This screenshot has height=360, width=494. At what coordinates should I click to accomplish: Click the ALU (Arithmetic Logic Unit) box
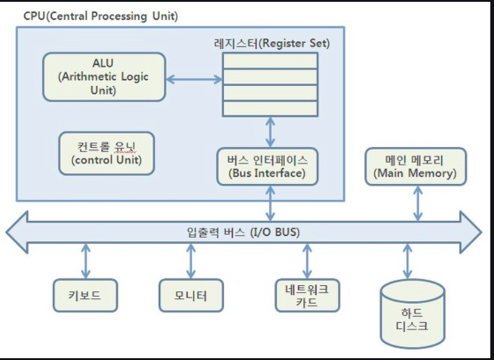coord(104,77)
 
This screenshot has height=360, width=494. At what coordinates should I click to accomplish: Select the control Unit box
coord(107,153)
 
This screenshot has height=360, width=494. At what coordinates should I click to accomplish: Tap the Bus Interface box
coord(268,167)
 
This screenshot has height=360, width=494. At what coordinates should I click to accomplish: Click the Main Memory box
coord(415,167)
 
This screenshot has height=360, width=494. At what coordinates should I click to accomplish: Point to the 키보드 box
coord(85,296)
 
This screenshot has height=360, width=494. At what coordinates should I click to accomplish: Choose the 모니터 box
coord(191,296)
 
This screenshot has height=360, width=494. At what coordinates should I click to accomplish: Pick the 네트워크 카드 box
coord(307,296)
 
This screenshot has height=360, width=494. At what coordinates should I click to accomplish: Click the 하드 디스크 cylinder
coord(412,314)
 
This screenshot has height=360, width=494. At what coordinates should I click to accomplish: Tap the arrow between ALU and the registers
coord(194,79)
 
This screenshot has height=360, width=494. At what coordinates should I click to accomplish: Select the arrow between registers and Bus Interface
coord(270,132)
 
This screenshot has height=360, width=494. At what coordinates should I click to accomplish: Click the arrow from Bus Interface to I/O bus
coord(270,204)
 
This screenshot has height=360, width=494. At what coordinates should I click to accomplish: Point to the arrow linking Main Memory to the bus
coord(418,204)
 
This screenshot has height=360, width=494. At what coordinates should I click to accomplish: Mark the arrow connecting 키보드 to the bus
coord(86,261)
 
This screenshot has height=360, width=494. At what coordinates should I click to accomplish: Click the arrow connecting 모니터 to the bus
coord(191,261)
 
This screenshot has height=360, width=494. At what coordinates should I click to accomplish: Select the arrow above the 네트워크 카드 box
coord(307,261)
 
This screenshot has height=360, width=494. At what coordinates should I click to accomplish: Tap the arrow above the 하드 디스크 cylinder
coord(407,261)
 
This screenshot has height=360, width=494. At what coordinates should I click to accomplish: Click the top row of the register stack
coord(270,61)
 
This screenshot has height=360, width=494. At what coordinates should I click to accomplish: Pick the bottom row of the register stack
coord(270,109)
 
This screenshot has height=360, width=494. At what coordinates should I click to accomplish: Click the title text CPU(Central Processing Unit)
coord(101,16)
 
